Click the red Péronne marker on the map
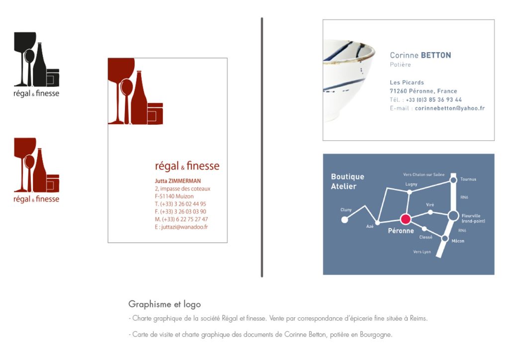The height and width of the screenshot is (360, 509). tap(406, 219)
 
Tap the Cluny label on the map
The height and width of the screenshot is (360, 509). tap(346, 210)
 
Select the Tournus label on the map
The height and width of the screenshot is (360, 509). tap(468, 180)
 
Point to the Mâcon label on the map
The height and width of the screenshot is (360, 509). tap(458, 241)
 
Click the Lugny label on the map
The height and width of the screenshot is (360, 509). tap(411, 184)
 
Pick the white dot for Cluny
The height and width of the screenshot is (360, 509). tap(344, 219)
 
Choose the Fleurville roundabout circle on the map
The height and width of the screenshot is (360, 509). tap(453, 215)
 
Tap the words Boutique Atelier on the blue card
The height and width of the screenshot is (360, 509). tap(347, 181)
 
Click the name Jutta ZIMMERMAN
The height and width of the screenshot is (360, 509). tap(178, 181)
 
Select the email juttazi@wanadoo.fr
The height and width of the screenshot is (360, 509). tap(181, 227)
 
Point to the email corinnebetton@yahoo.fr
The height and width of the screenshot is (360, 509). tap(449, 108)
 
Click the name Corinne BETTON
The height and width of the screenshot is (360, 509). tap(420, 56)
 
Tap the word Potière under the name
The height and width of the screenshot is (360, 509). tap(400, 65)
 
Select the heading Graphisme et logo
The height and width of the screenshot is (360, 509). tap(165, 304)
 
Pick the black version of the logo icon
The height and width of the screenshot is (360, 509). tap(36, 59)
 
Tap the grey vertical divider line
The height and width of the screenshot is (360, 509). tap(262, 147)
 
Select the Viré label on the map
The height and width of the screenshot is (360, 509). tap(430, 205)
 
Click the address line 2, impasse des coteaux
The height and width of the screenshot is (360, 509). tap(182, 189)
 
